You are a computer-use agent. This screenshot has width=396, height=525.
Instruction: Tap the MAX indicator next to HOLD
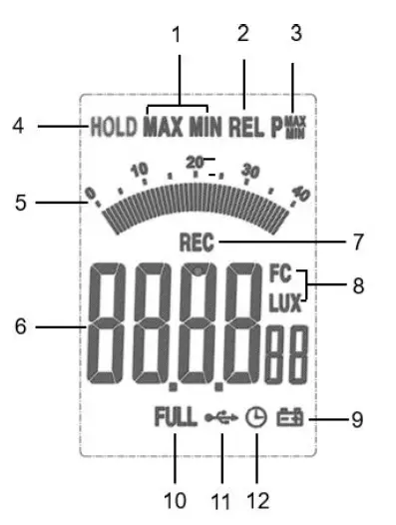point(162,127)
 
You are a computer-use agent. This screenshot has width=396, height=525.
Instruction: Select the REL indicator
point(243,127)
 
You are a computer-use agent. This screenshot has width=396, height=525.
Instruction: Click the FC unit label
point(278,270)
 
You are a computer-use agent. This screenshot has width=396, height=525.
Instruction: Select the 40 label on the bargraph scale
point(304,194)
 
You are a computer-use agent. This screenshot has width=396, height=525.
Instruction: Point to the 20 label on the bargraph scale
point(195,160)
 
